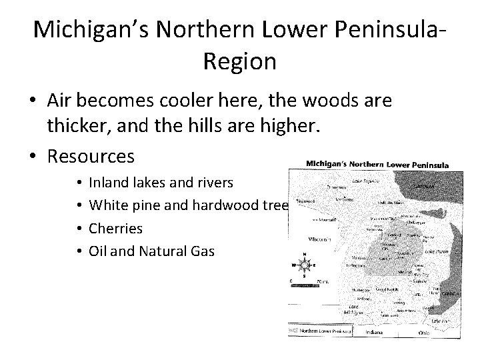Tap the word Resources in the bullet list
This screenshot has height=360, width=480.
91,156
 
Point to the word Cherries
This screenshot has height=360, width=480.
115,228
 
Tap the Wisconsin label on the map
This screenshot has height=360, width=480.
321,238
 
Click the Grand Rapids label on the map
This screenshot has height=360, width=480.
387,289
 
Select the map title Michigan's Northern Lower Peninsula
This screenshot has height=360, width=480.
377,165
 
